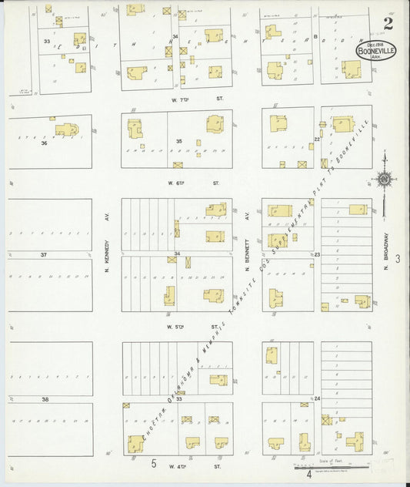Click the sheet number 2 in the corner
pyautogui.click(x=388, y=23)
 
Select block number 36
pyautogui.click(x=44, y=143)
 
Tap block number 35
pyautogui.click(x=178, y=141)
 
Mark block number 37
pyautogui.click(x=44, y=254)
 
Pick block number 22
pyautogui.click(x=316, y=139)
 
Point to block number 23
pyautogui.click(x=316, y=254)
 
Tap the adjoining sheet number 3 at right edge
pyautogui.click(x=398, y=260)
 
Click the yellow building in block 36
pyautogui.click(x=66, y=130)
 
